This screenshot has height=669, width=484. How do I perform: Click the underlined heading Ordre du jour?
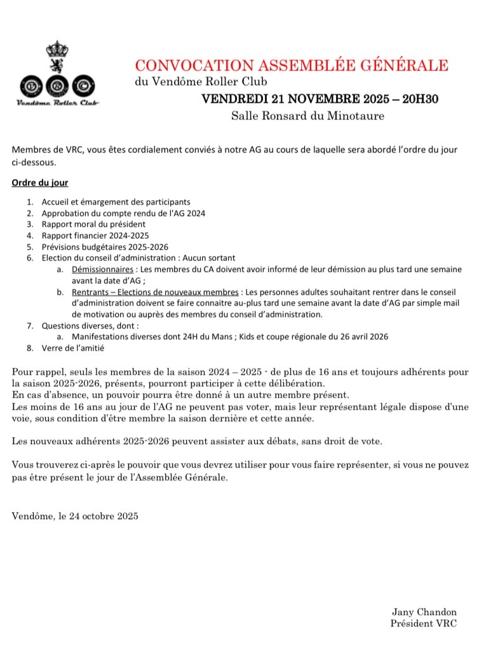pos(40,183)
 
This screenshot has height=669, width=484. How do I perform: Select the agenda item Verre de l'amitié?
pos(72,348)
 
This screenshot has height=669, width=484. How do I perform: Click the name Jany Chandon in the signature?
pos(424,612)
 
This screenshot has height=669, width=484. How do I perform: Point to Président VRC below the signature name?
pos(424,624)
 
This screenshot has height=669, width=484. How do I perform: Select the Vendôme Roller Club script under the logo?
pos(58,102)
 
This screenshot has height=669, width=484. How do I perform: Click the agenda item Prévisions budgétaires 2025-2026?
pos(105,247)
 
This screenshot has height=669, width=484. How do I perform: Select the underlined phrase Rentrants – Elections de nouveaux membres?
pos(154,292)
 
